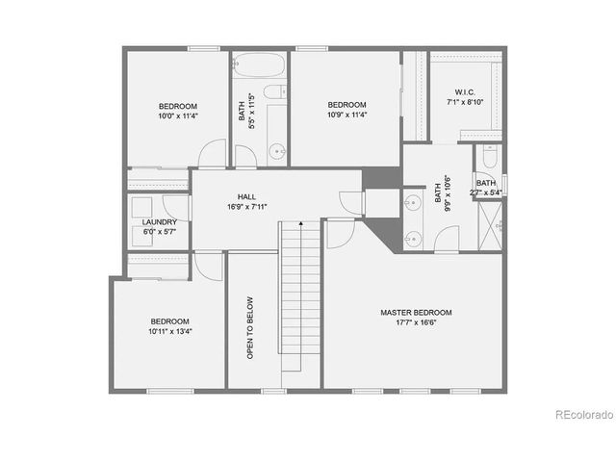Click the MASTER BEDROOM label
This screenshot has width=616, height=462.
416,313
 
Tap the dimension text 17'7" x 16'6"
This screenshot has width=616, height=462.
416,324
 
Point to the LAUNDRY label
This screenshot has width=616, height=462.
159,221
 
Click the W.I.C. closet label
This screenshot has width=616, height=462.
461,90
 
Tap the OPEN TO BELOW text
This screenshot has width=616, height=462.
249,327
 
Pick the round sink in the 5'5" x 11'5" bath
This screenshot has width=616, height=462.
276,150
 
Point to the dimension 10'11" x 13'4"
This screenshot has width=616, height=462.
169,332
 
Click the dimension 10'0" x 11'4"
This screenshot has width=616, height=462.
178,115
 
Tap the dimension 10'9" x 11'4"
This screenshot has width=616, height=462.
346,115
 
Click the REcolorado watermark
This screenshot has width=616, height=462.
583,415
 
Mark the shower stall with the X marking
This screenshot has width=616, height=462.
492,229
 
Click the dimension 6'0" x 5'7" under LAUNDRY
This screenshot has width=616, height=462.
159,232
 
